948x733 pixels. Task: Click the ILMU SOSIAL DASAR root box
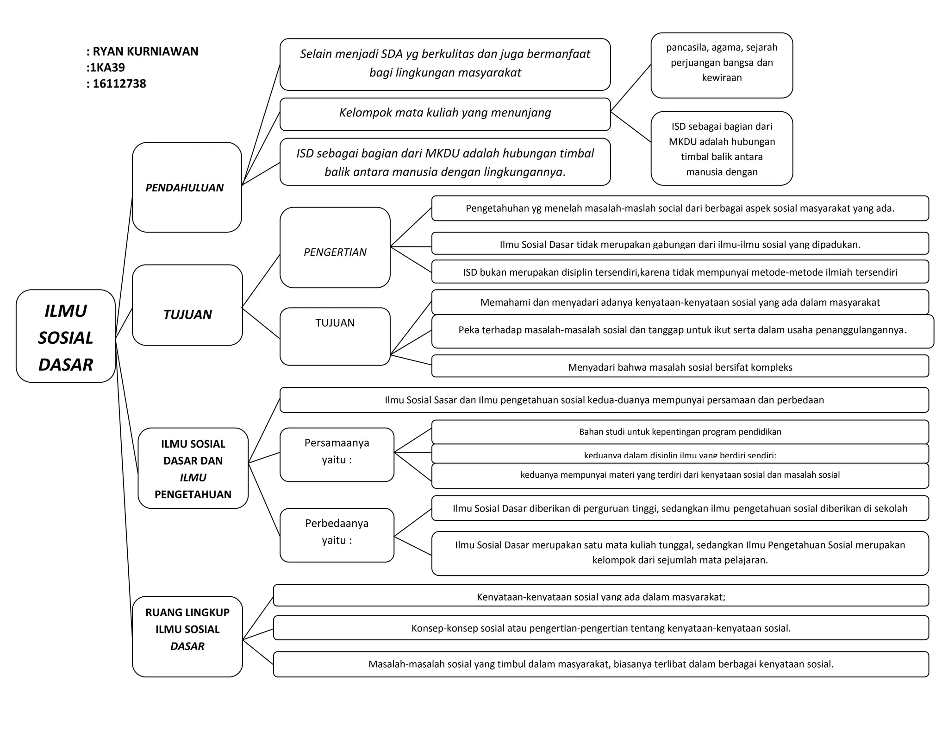65,336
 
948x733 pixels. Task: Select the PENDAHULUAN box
187,187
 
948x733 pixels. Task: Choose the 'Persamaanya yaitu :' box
337,455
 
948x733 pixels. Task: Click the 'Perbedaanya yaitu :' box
337,535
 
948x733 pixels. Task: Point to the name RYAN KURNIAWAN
145,51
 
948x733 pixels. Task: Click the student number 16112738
119,84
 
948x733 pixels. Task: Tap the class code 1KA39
107,68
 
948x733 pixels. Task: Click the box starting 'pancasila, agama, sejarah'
722,65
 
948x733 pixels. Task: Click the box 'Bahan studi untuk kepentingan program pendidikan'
680,432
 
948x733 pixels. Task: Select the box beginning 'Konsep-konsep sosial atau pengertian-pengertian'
601,628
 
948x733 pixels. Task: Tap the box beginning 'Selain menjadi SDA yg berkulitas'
445,64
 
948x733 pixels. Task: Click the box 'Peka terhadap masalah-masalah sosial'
682,331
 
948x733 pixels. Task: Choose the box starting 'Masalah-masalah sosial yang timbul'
601,664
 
